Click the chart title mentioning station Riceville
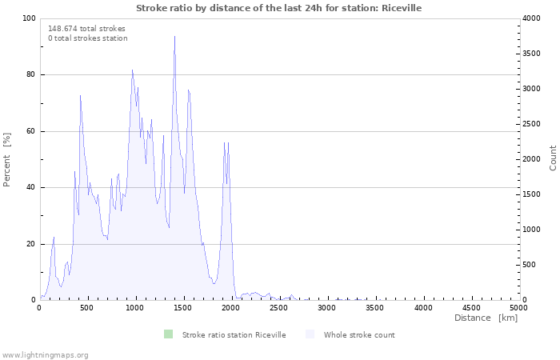click(278, 8)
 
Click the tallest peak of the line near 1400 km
click(174, 37)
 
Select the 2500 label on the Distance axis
click(278, 308)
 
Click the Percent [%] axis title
click(6, 159)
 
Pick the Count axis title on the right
click(553, 158)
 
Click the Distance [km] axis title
click(486, 318)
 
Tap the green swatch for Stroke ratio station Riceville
click(168, 334)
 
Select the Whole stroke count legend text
click(359, 335)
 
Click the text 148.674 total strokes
click(86, 29)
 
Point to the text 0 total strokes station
click(88, 38)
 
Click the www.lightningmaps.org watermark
click(44, 355)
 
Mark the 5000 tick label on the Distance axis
click(518, 308)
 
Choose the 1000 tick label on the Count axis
click(531, 230)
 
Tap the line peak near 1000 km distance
click(133, 70)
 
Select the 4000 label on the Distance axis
click(423, 308)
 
